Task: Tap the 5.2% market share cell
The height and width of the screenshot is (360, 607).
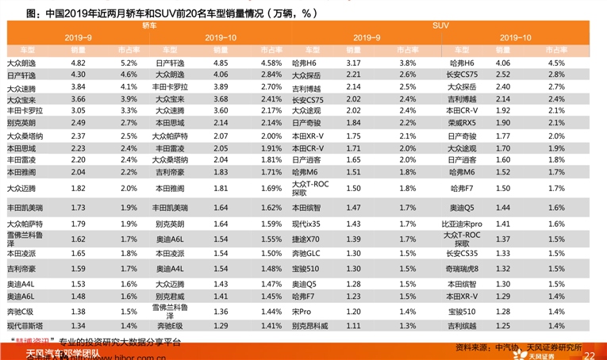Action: [129, 62]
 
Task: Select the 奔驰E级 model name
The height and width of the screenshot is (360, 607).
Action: [169, 325]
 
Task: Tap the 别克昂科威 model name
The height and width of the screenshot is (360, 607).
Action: [310, 325]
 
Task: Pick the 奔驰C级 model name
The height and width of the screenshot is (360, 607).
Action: [21, 311]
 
